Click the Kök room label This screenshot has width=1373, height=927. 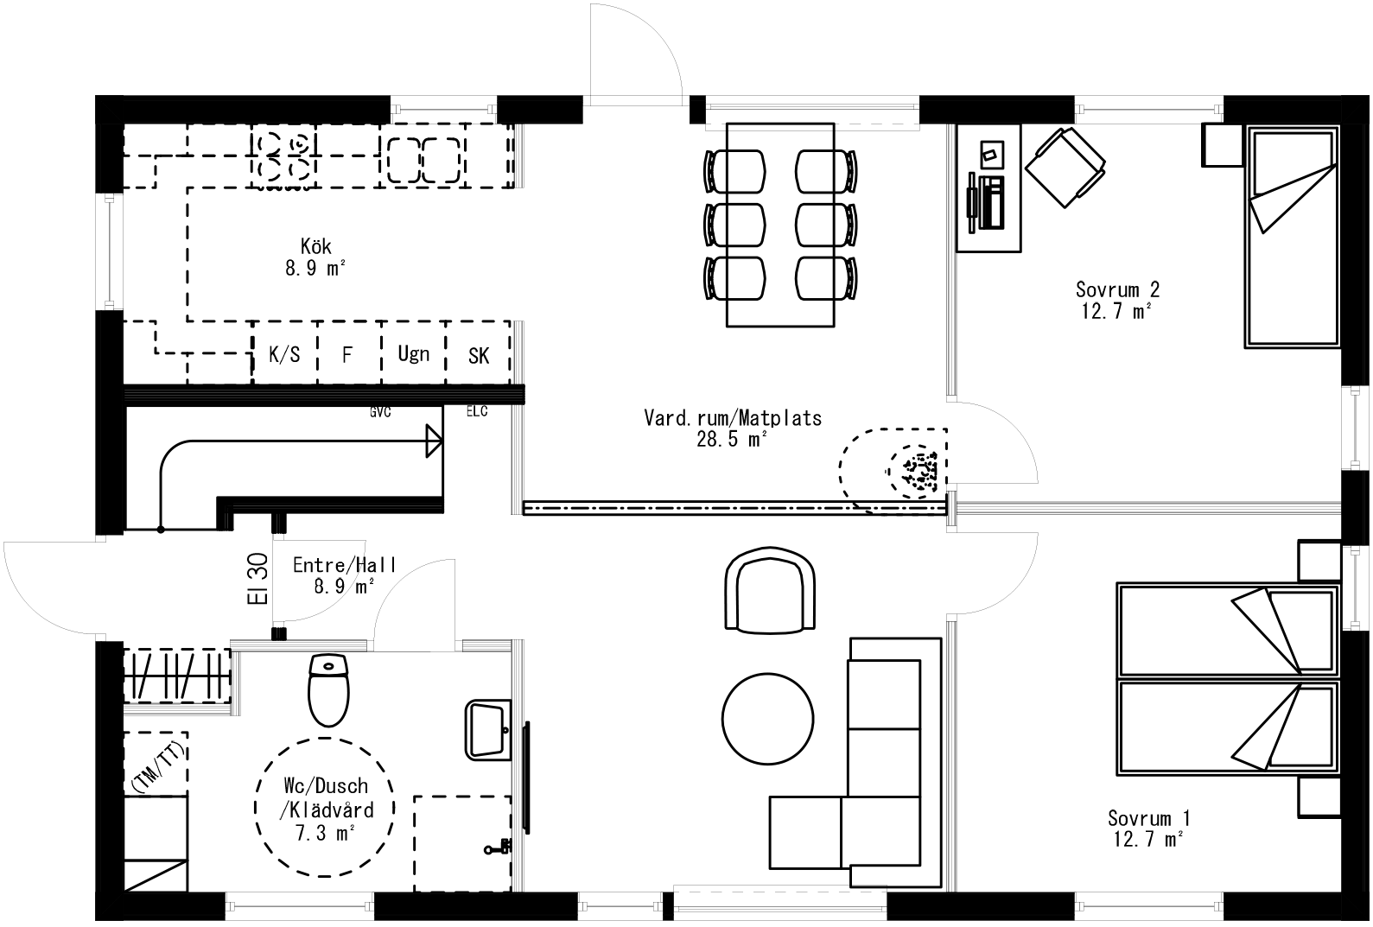point(315,246)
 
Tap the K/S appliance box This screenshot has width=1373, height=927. point(284,354)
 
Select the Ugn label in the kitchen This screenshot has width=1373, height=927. point(413,353)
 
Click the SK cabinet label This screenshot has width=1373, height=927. point(478,355)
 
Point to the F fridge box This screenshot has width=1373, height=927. point(347,354)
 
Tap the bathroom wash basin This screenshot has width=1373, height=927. point(489,729)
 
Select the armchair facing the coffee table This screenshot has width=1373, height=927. point(769,593)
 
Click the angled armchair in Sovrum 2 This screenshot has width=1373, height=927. point(1065,167)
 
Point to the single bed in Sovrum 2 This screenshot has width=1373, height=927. point(1290,238)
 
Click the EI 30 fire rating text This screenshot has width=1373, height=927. point(263,578)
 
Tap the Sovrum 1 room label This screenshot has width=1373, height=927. point(1149,817)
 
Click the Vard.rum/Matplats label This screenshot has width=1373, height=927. point(733,418)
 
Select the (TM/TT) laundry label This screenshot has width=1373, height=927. point(157,766)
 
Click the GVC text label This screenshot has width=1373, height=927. point(380,413)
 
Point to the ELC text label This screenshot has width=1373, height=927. point(477,411)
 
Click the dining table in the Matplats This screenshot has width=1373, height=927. point(780,225)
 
